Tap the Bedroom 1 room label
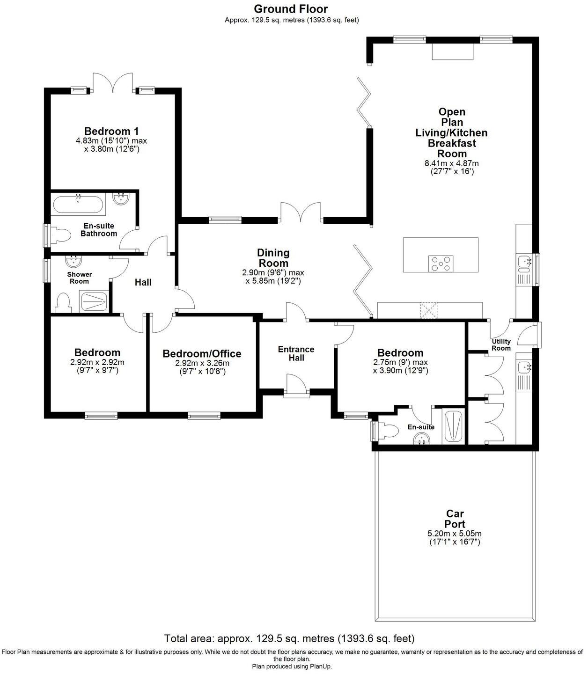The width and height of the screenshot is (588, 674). coord(111,131)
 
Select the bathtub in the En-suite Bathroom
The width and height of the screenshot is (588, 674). coord(78,204)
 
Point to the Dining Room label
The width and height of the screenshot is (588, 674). coord(273,258)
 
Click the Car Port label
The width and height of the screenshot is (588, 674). coord(455,519)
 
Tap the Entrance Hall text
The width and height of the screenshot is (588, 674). coord(296,353)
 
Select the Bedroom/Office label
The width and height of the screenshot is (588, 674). coord(202,353)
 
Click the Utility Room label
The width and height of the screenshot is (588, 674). coord(501,344)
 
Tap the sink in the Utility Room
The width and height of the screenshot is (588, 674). coord(523,368)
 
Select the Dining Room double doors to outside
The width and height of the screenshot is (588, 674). coord(300,213)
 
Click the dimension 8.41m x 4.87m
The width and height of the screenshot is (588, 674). coord(451,163)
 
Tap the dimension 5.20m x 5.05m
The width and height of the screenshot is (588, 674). coord(455,534)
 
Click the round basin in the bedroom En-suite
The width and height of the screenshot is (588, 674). coord(422,439)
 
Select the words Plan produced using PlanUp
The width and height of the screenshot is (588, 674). coord(292,667)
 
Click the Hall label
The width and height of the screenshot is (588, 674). coord(143,282)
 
